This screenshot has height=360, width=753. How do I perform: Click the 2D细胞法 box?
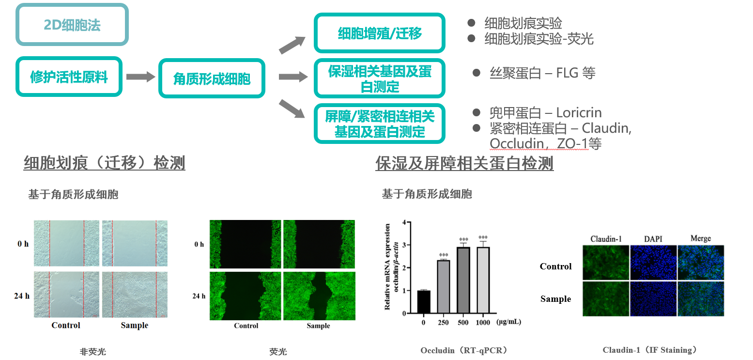[x=72, y=25]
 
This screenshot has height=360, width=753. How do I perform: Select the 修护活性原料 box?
[x=69, y=77]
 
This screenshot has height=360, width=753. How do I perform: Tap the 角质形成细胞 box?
[x=212, y=78]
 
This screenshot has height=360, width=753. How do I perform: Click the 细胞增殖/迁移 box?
[x=379, y=33]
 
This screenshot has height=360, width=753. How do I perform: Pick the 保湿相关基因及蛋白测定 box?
[x=379, y=78]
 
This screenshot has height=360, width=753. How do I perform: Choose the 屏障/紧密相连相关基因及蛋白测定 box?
[x=379, y=124]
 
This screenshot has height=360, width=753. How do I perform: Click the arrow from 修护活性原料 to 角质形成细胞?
[x=140, y=77]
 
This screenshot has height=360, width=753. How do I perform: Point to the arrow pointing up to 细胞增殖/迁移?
[x=292, y=45]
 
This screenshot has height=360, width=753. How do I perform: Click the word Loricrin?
[x=579, y=113]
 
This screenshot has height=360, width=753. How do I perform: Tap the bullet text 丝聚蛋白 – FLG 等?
[x=542, y=73]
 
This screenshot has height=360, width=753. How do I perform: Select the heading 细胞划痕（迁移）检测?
[x=104, y=163]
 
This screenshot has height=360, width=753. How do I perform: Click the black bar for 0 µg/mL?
[x=423, y=301]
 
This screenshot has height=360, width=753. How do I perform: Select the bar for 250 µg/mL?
[x=444, y=286]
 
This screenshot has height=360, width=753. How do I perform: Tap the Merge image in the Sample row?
[x=701, y=299]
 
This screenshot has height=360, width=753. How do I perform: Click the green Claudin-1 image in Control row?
[x=605, y=262]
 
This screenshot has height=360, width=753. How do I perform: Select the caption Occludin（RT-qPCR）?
[x=464, y=350]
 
